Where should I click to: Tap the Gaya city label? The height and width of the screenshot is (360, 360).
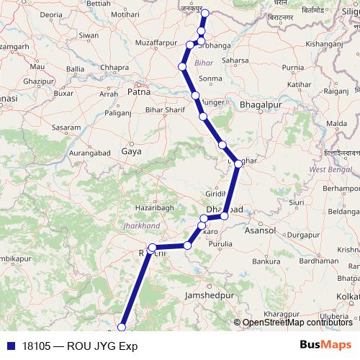pyautogui.click(x=132, y=152)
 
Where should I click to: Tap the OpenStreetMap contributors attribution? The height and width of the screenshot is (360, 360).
pyautogui.click(x=297, y=323)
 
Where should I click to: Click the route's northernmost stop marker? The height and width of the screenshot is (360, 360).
pyautogui.click(x=204, y=14)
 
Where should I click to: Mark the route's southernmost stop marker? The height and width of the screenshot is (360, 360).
pyautogui.click(x=121, y=328)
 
